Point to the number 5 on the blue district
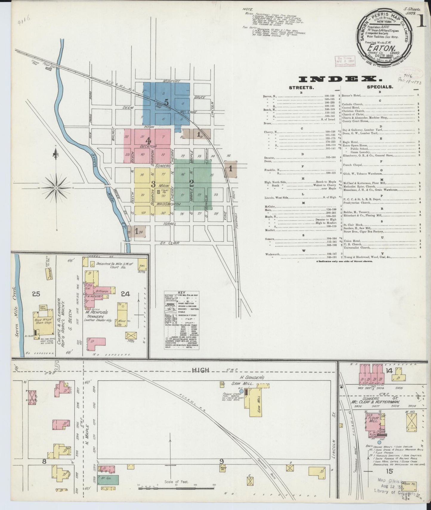point(166,102)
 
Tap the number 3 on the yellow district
point(153,184)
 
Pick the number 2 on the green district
point(191,184)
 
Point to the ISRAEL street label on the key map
point(169,223)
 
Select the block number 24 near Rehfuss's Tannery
point(125,294)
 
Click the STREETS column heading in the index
point(301,88)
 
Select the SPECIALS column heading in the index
point(380,88)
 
